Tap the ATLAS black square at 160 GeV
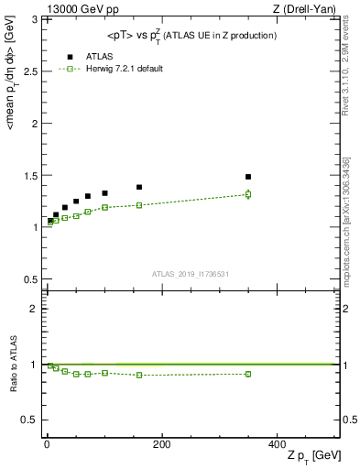[x=139, y=187]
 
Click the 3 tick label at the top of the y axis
[x=34, y=18]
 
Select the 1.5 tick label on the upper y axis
[x=29, y=175]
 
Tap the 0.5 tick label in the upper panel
[x=29, y=279]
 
